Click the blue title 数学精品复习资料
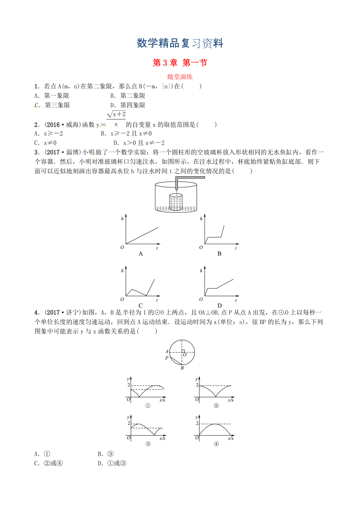(180, 43)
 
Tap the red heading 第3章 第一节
(180, 63)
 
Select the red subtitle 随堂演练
(180, 77)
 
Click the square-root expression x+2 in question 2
(116, 114)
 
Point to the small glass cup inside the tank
(176, 201)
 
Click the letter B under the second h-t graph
(219, 253)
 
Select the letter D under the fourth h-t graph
(220, 305)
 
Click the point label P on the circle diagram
(166, 357)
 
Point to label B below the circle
(182, 368)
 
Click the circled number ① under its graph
(148, 405)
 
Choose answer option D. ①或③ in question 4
(113, 464)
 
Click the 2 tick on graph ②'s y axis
(197, 385)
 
